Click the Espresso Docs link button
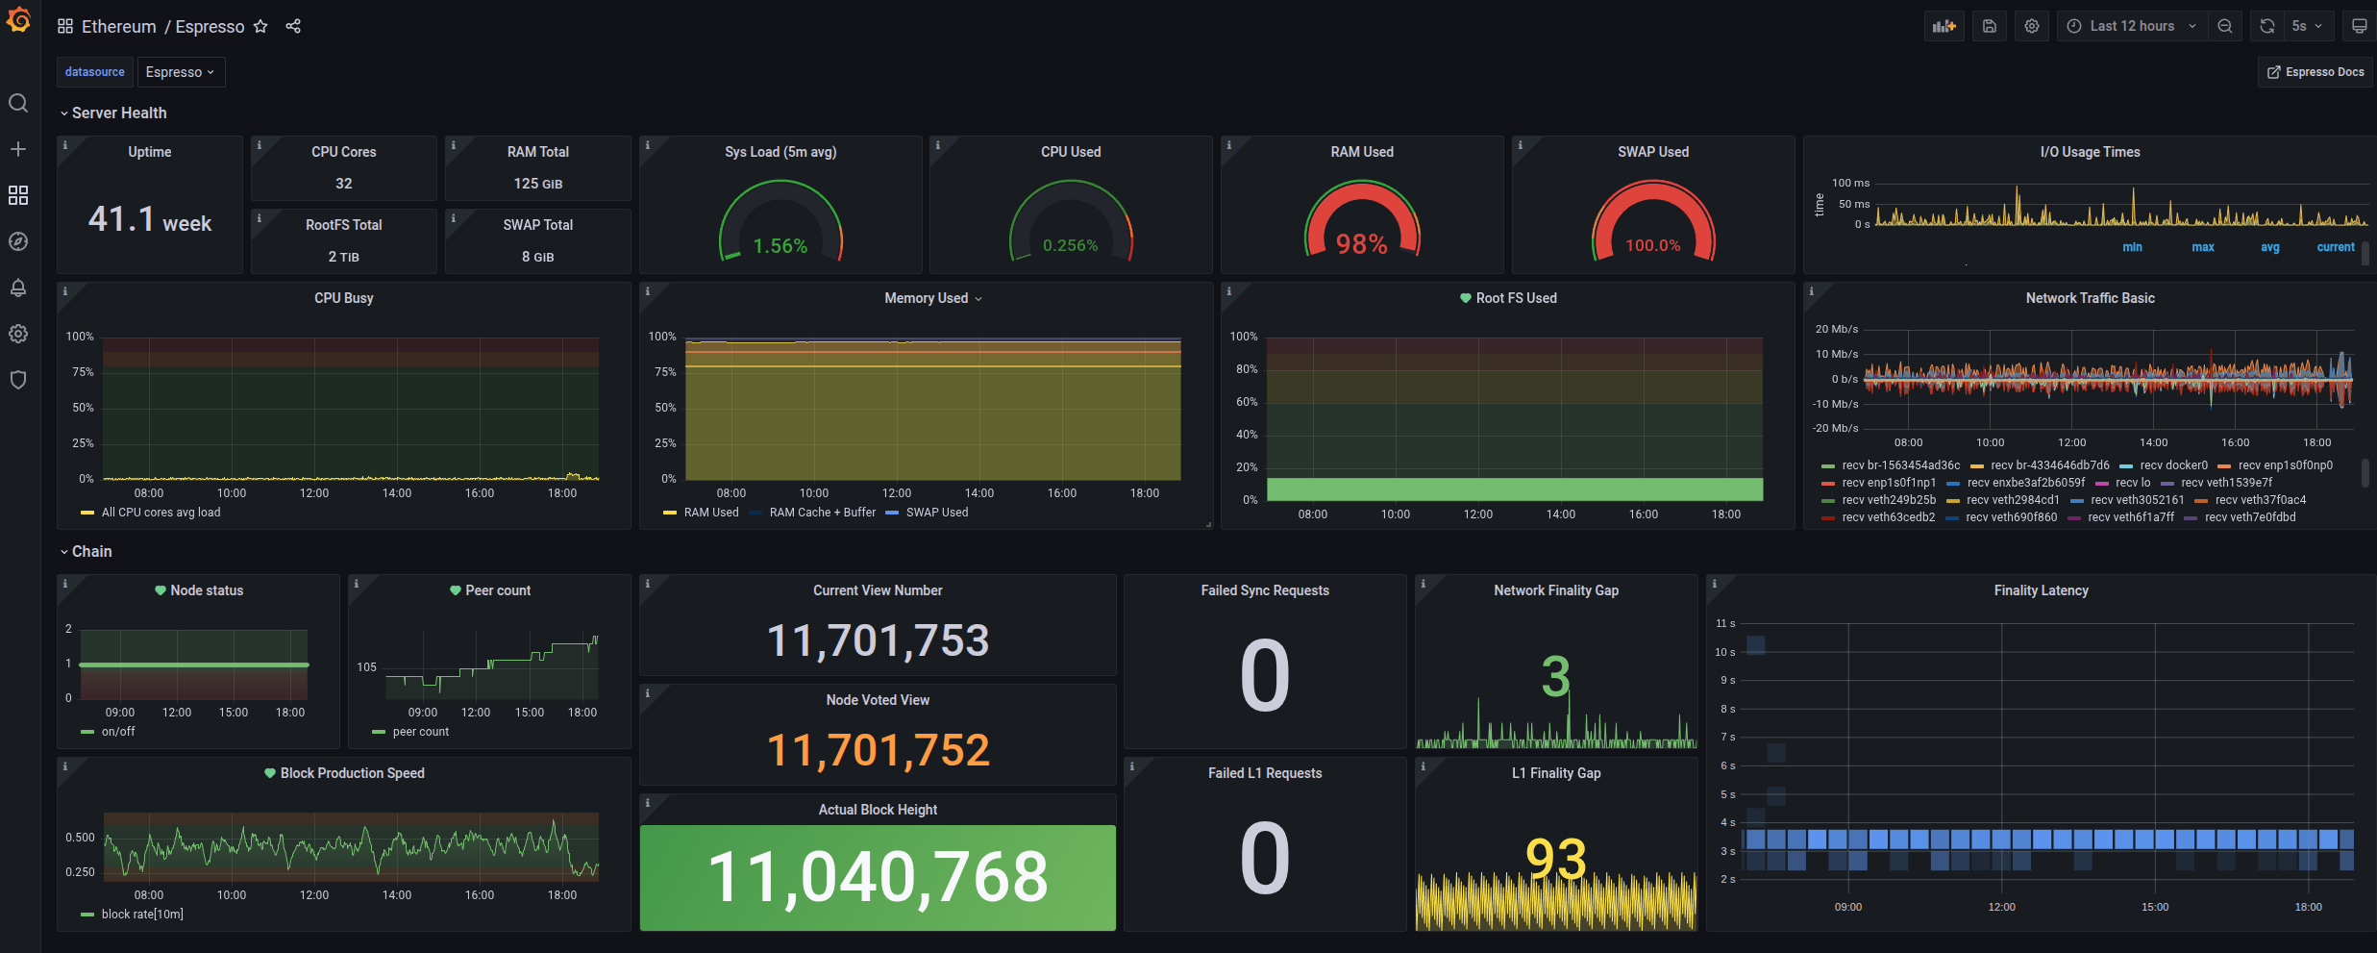point(2315,72)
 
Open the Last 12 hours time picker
point(2131,26)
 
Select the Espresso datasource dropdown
point(180,72)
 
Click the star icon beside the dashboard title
point(260,27)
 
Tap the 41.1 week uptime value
point(150,220)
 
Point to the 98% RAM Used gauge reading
point(1361,244)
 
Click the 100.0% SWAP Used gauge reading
point(1652,245)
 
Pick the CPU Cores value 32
point(343,184)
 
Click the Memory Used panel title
point(927,298)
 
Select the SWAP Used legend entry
point(936,513)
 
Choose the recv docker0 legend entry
point(2173,465)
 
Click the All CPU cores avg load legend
point(161,513)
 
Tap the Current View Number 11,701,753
point(878,640)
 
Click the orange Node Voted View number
point(878,750)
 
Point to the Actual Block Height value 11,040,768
point(878,877)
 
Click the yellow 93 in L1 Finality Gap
point(1555,858)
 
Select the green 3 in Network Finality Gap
point(1555,676)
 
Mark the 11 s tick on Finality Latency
point(1725,624)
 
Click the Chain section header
point(91,551)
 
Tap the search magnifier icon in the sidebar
point(18,103)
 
